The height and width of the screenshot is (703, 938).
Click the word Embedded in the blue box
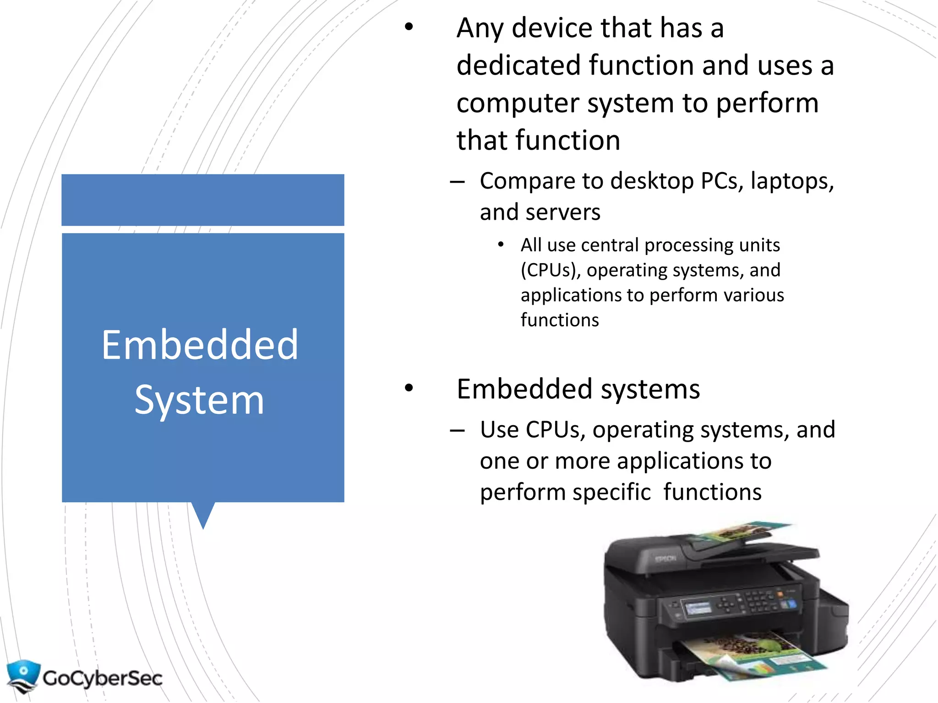[200, 345]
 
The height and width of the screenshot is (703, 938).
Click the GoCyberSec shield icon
[23, 676]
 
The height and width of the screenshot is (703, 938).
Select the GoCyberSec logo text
[103, 678]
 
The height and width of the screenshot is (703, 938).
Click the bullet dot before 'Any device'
[409, 27]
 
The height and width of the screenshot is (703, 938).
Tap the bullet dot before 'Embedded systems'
[409, 388]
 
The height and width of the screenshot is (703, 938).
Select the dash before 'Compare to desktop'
[457, 182]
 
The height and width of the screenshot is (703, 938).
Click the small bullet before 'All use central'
[501, 245]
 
